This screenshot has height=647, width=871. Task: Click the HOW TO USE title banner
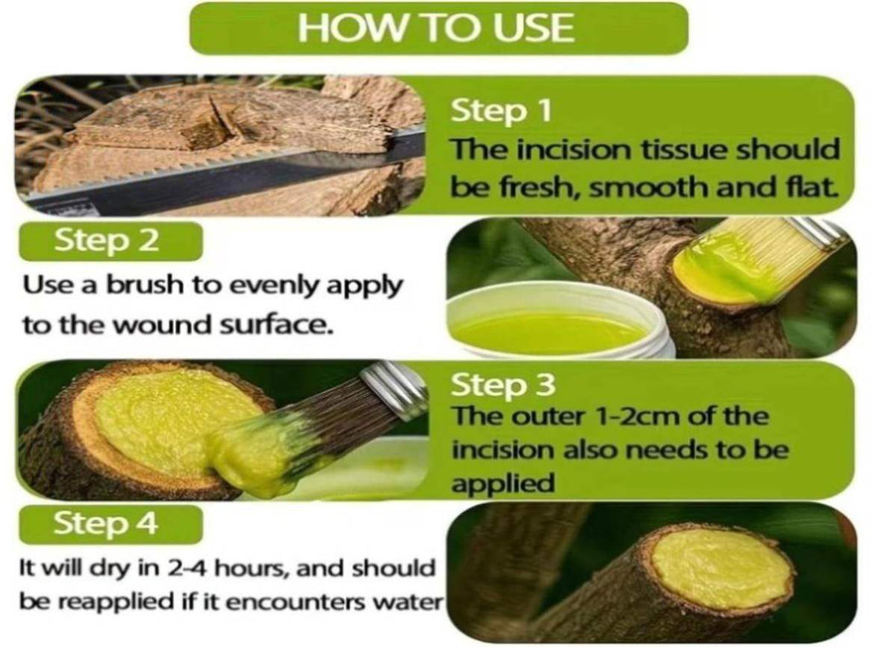[x=439, y=28]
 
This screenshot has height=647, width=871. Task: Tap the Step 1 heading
[x=501, y=111]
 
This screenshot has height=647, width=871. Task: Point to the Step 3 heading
[x=503, y=385]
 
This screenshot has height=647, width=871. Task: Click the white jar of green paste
[x=561, y=325]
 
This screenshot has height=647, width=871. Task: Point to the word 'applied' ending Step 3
[x=503, y=483]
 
